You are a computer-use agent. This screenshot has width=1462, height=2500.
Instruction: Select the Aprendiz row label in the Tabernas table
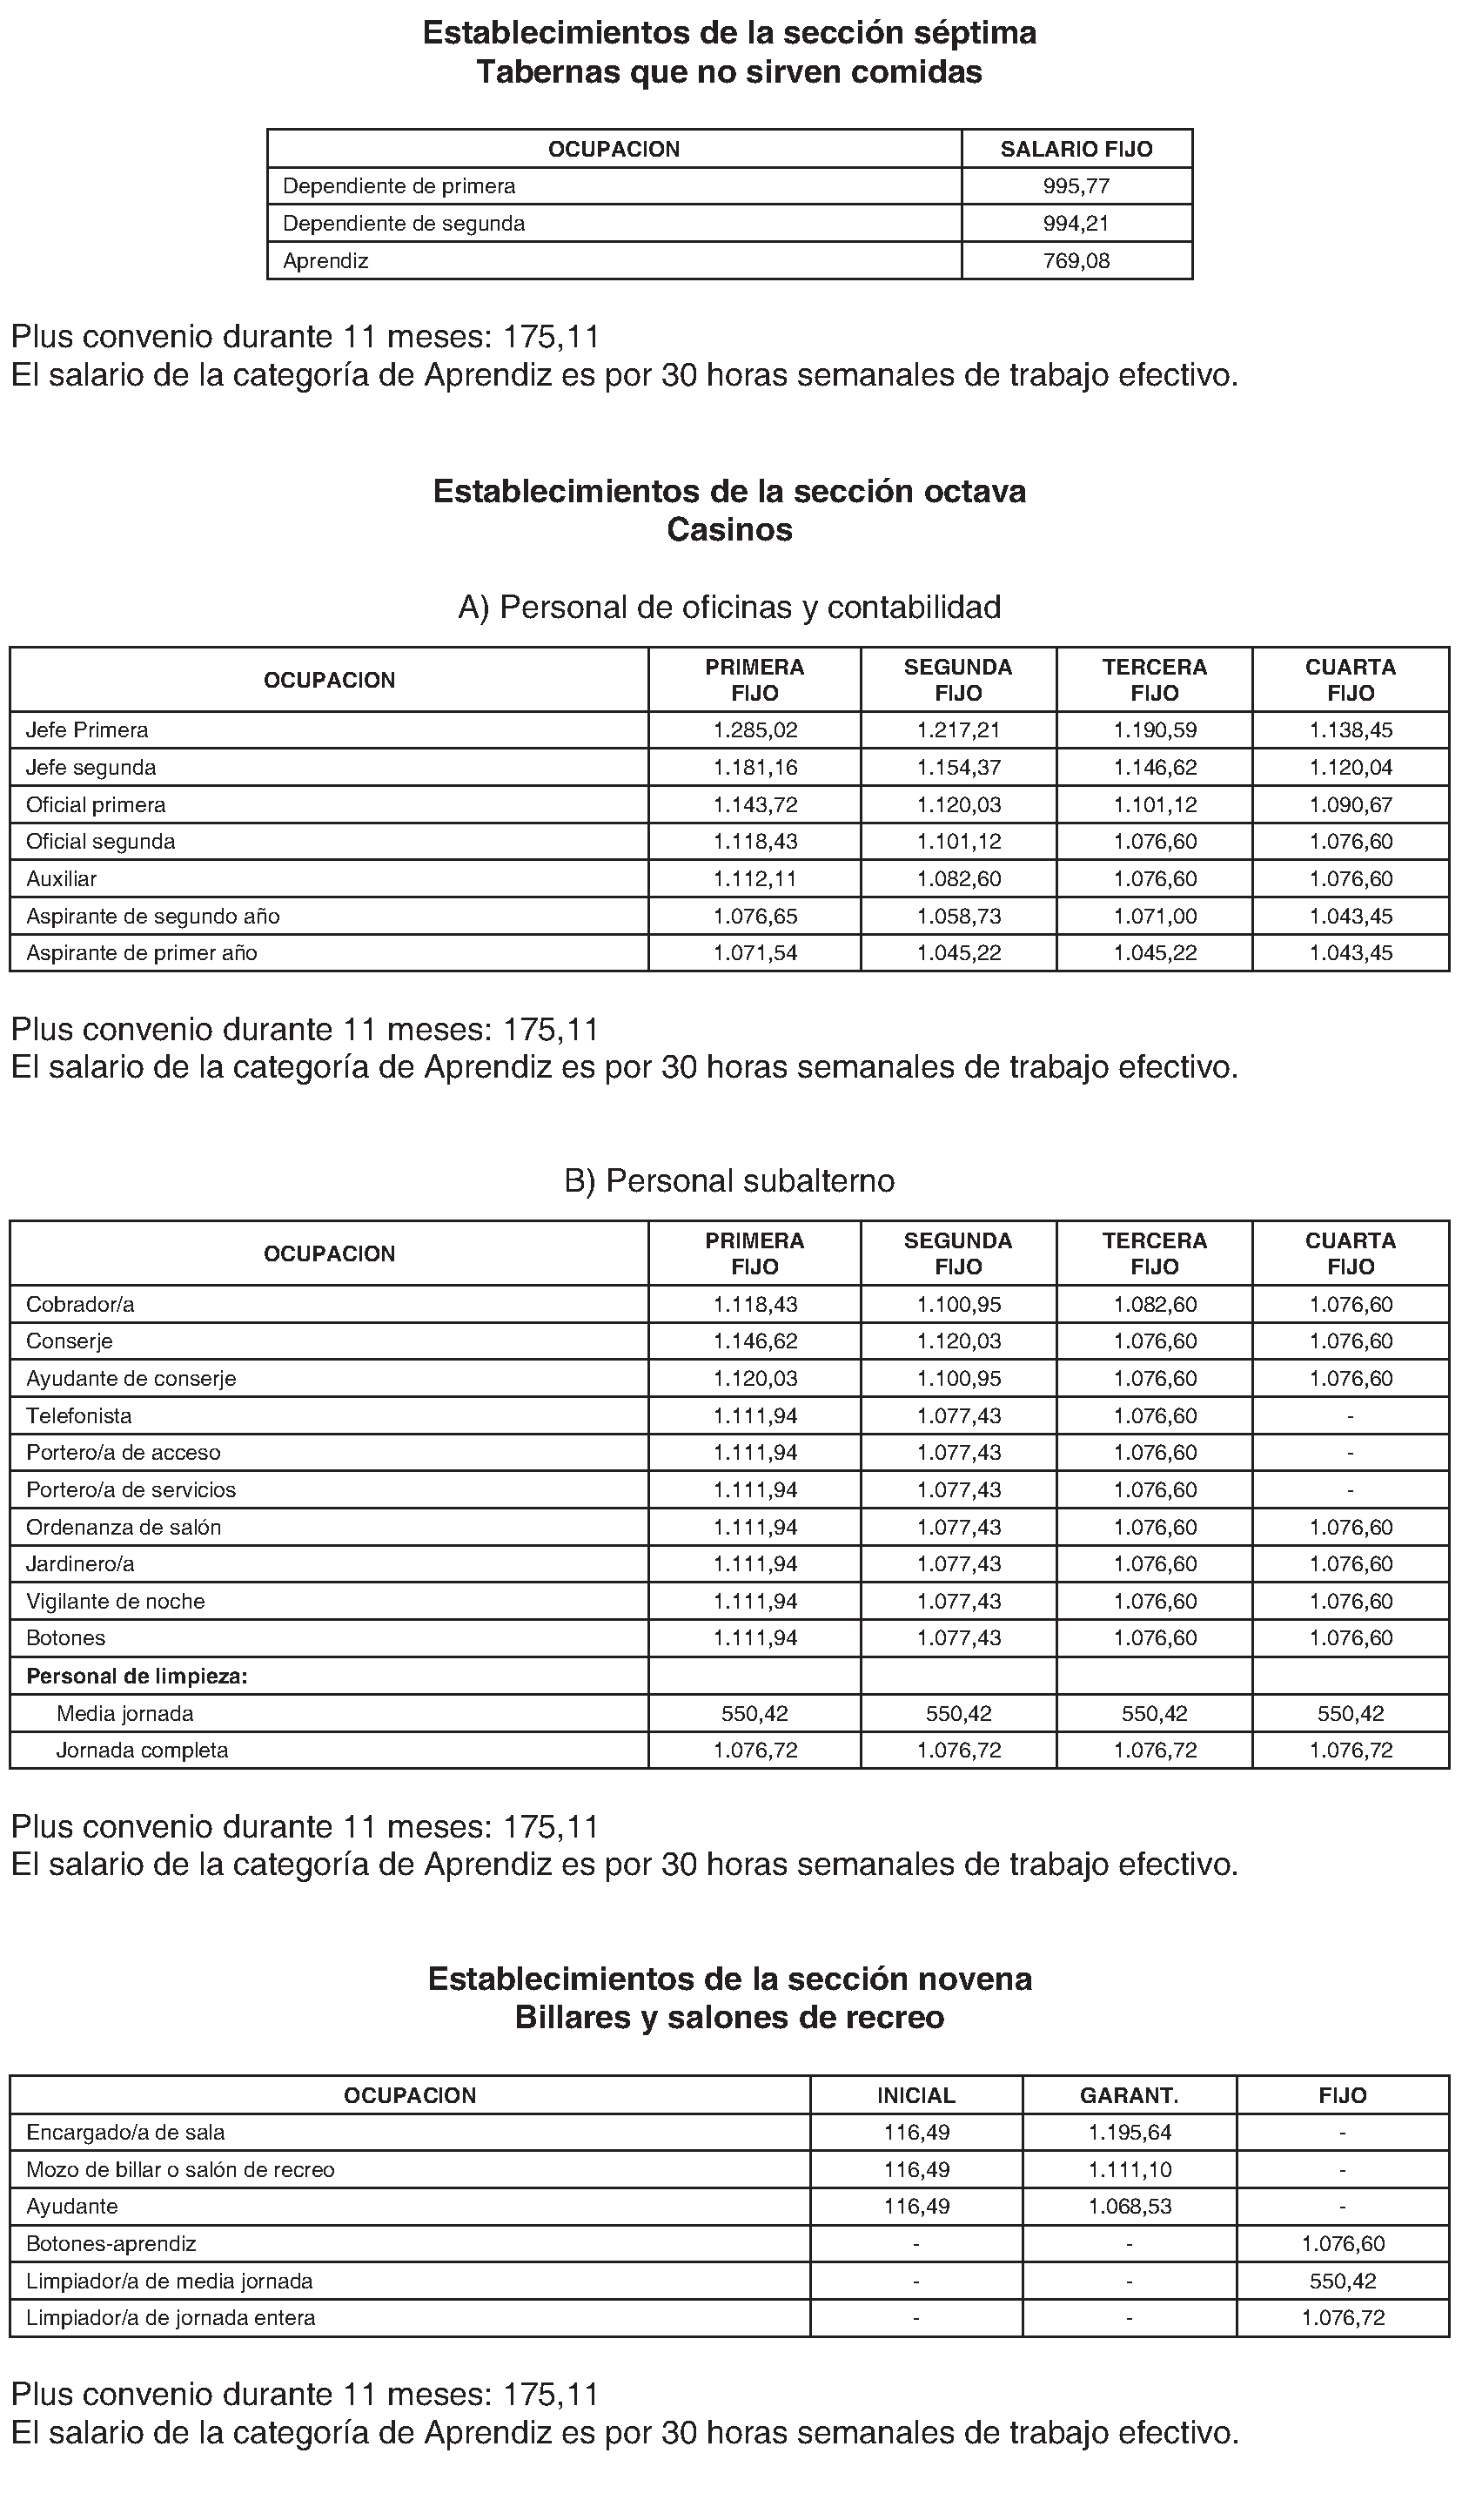click(x=325, y=261)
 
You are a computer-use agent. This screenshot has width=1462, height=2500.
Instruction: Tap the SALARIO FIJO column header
click(x=1076, y=149)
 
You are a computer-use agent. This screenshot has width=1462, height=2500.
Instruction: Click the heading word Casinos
click(x=729, y=530)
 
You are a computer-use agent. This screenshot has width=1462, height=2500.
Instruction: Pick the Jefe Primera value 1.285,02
click(x=754, y=730)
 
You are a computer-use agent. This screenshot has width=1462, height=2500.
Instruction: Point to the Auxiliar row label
click(x=62, y=879)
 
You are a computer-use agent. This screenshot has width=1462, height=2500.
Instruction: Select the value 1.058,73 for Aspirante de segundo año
click(x=958, y=916)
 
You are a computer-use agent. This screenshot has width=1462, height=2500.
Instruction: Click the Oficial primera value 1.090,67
click(x=1350, y=804)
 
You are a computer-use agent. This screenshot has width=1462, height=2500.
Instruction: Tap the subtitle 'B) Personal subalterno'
click(x=729, y=1180)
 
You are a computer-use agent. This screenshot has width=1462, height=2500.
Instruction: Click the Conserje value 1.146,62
click(x=754, y=1341)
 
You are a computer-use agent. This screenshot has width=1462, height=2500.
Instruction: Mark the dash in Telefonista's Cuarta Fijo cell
click(x=1350, y=1415)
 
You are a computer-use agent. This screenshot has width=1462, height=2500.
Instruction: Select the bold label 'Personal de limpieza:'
click(x=137, y=1677)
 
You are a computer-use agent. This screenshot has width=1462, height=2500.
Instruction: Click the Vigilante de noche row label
click(x=115, y=1601)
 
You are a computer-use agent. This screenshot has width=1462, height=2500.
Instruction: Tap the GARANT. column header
click(x=1129, y=2095)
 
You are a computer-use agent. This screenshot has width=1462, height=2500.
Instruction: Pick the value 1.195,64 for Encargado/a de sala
click(x=1129, y=2132)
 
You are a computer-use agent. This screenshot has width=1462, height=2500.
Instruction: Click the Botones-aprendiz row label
click(x=111, y=2243)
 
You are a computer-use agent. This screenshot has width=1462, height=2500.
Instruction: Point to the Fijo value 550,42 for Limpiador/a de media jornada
click(x=1343, y=2281)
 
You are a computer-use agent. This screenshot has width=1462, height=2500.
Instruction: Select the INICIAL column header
click(x=915, y=2095)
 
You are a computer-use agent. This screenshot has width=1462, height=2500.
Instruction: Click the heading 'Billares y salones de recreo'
click(x=729, y=2018)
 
